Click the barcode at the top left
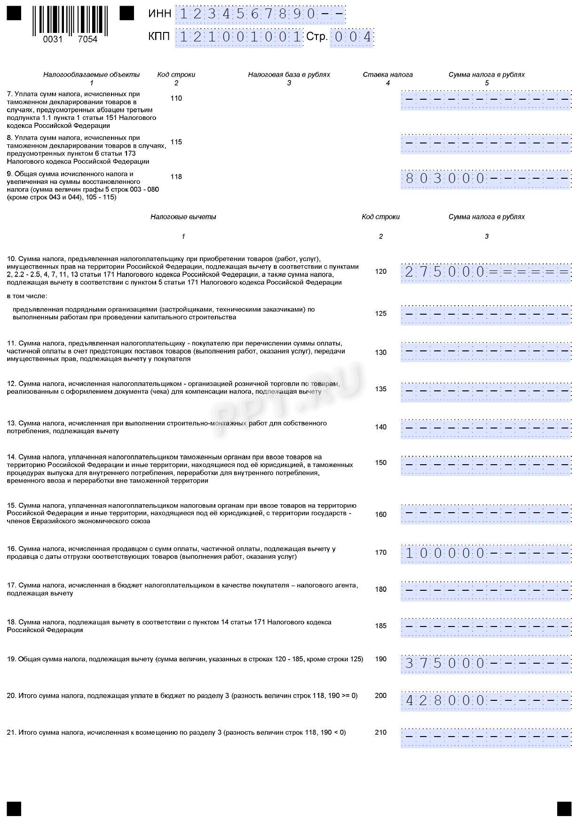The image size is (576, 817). (70, 21)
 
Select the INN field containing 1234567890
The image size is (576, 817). (260, 15)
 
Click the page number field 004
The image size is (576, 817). (352, 37)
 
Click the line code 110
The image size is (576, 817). (176, 98)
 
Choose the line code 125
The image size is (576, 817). (381, 314)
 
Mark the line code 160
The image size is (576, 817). (381, 515)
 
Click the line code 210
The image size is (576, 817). (381, 732)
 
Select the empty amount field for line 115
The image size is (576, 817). (486, 143)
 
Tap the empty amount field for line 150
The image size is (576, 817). (486, 465)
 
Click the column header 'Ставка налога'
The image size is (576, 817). (387, 75)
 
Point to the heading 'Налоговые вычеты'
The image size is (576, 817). (183, 217)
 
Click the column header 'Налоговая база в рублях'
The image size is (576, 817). (289, 75)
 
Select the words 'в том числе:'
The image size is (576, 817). (27, 296)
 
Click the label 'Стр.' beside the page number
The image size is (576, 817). (317, 37)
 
